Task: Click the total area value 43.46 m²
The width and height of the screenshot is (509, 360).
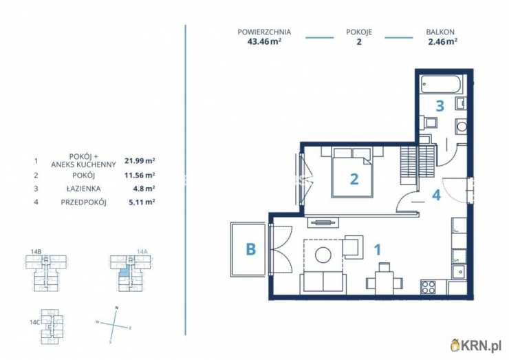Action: (264, 41)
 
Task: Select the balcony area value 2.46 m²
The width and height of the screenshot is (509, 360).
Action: (443, 41)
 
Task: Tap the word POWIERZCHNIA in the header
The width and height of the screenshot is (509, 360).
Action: (264, 32)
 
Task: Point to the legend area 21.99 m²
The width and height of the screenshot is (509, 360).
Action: (140, 160)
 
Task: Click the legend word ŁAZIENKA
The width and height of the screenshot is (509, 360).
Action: (83, 189)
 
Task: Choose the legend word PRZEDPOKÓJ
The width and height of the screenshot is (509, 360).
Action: (83, 202)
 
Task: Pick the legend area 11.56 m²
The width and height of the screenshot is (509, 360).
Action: (140, 175)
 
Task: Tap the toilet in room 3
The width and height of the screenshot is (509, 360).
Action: (429, 123)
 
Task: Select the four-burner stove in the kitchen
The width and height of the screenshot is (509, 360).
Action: (429, 287)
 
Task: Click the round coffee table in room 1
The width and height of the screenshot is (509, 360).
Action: (323, 255)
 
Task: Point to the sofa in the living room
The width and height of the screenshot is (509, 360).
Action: (323, 282)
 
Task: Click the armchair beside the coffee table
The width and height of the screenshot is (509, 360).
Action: (353, 247)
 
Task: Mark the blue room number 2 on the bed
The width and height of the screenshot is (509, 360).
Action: (354, 179)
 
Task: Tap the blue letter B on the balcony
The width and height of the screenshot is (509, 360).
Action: (250, 249)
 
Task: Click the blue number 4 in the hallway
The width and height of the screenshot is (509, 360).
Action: (436, 195)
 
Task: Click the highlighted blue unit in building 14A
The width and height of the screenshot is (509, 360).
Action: (124, 273)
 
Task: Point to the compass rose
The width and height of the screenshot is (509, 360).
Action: (114, 325)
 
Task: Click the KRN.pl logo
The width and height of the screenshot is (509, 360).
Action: (476, 346)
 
